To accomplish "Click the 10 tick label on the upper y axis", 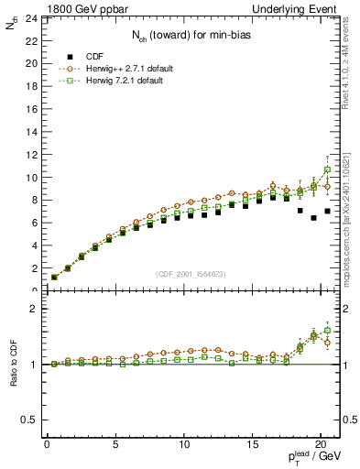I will pos(29,177).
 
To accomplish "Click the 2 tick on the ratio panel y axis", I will pos(31,310).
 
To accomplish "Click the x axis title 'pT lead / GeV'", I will pos(314,459).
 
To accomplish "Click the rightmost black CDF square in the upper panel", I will pos(327,212).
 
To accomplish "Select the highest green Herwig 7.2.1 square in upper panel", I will pos(327,169).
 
